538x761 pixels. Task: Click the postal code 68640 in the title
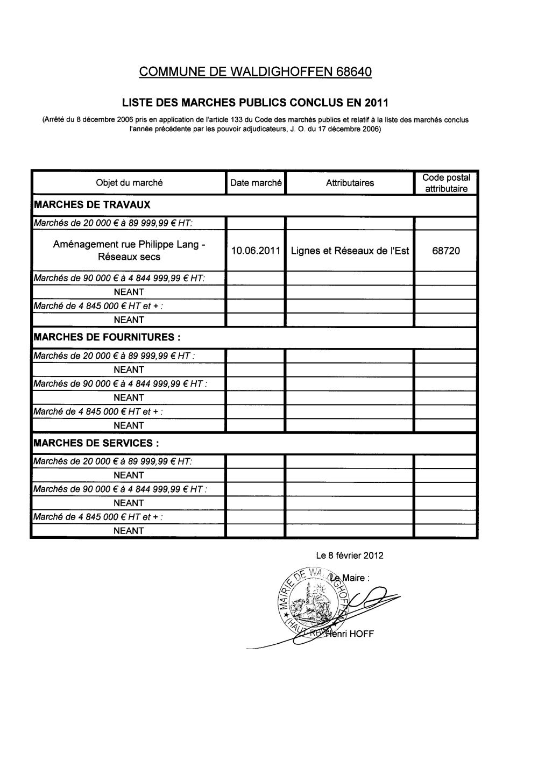(354, 72)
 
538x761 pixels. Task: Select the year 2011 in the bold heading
(376, 102)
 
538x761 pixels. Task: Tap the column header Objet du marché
(129, 183)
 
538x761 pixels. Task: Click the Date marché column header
(256, 183)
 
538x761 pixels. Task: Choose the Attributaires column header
(350, 183)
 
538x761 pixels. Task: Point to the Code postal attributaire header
(446, 183)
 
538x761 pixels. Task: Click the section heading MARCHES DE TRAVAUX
(92, 205)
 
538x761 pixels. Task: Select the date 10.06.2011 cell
(256, 251)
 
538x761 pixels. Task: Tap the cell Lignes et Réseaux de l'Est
(350, 251)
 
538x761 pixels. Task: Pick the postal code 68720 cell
(446, 251)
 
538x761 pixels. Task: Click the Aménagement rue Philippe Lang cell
(129, 251)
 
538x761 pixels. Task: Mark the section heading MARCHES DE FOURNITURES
(107, 337)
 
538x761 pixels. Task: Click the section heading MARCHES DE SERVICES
(96, 443)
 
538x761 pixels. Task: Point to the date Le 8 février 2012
(350, 556)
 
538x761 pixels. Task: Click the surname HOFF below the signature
(362, 634)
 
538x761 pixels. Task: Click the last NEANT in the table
(129, 531)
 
